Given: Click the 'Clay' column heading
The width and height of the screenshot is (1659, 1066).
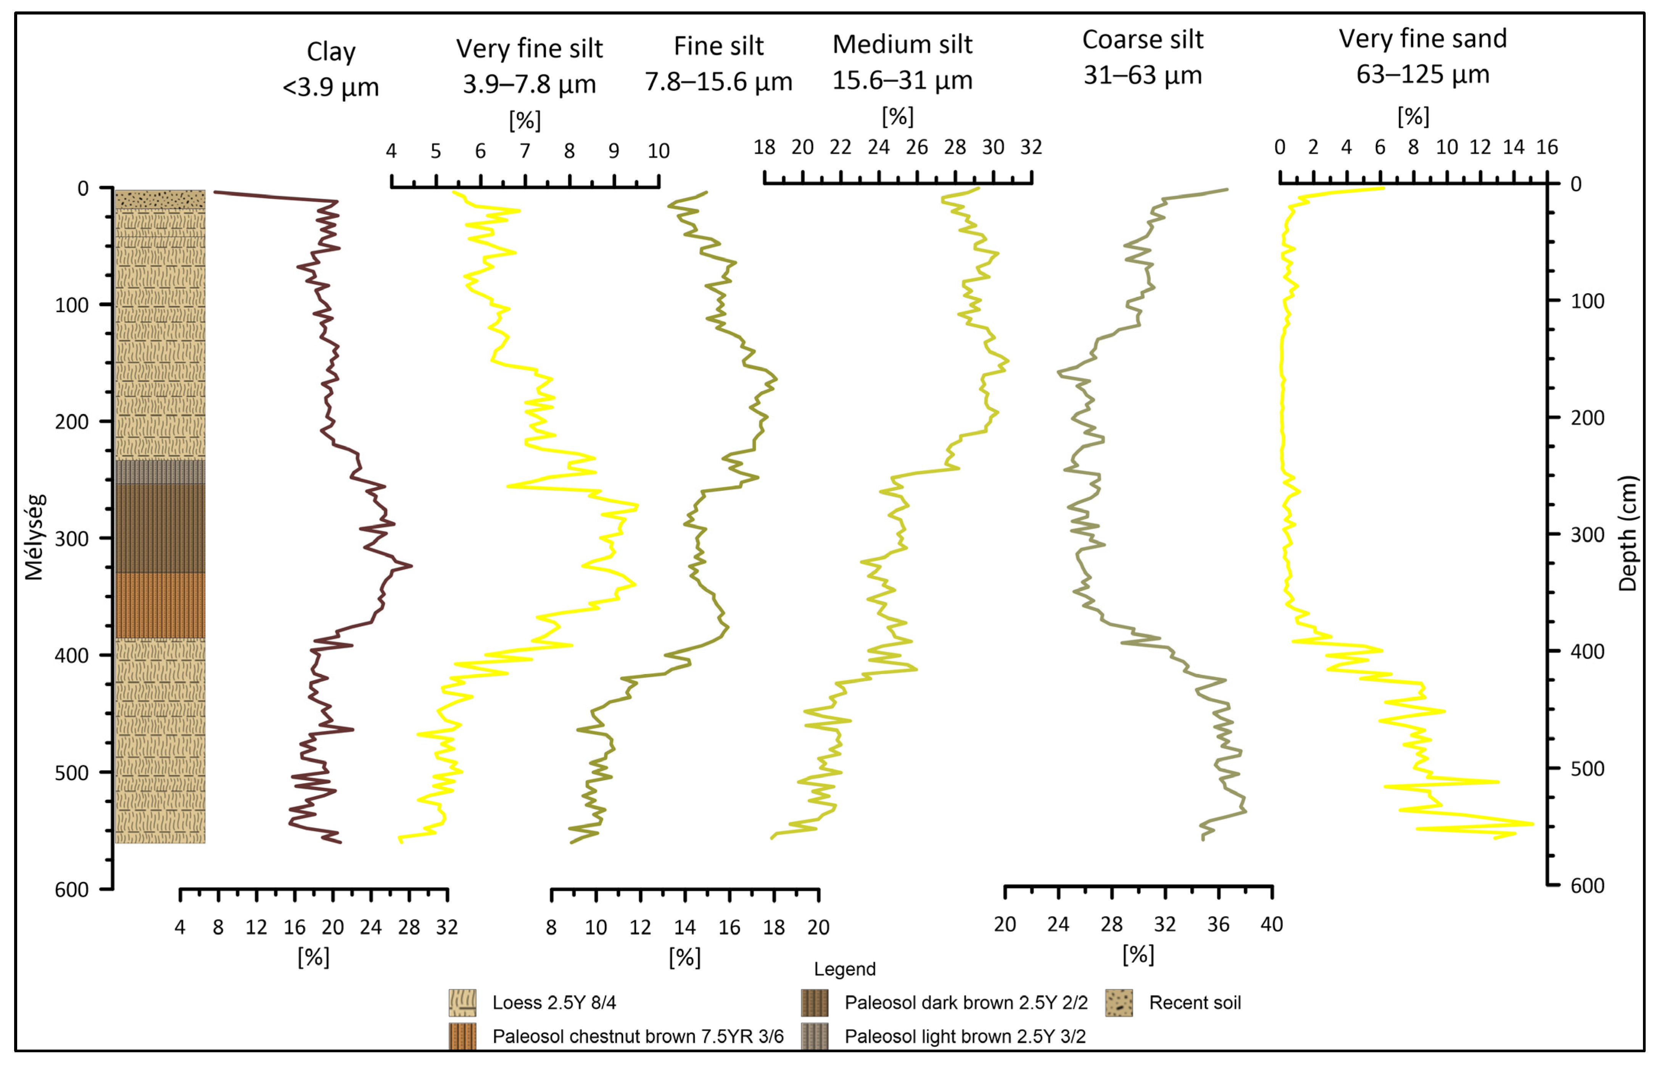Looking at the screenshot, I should [331, 52].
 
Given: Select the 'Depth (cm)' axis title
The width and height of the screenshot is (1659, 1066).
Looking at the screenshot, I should [1627, 533].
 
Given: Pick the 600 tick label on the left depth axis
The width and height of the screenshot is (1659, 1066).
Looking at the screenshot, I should [72, 890].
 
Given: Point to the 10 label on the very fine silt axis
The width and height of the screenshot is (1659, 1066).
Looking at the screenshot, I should [658, 151].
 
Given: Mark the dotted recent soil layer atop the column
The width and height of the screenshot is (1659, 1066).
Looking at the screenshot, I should [160, 199].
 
